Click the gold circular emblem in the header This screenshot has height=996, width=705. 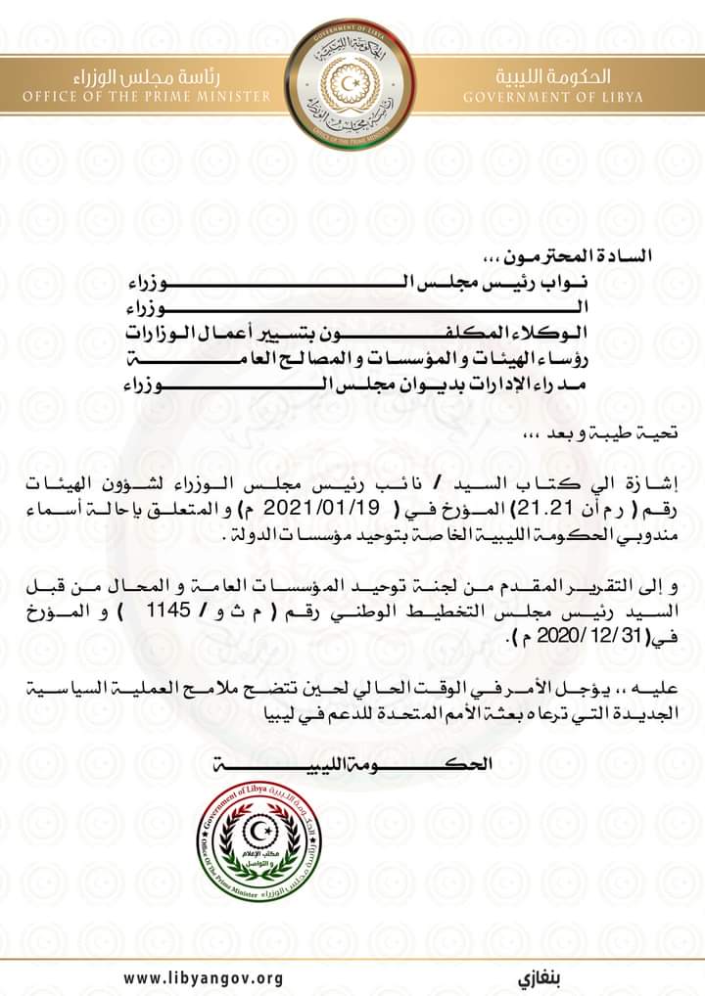(x=352, y=76)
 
